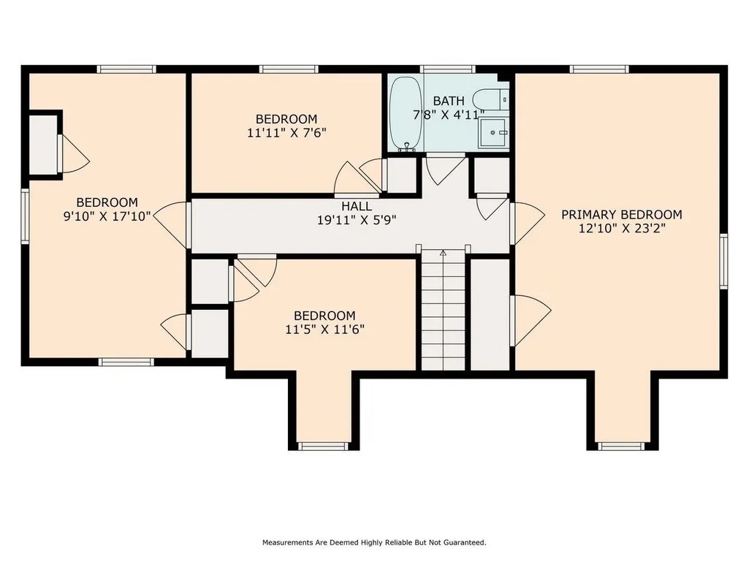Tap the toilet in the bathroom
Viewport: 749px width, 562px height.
pyautogui.click(x=490, y=100)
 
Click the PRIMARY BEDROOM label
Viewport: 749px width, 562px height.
pyautogui.click(x=621, y=215)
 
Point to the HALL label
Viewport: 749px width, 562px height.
pyautogui.click(x=357, y=206)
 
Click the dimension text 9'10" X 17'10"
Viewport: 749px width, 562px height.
pyautogui.click(x=107, y=216)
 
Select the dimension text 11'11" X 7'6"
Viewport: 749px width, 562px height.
pyautogui.click(x=286, y=132)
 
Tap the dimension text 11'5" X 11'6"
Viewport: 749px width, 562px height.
pyautogui.click(x=325, y=330)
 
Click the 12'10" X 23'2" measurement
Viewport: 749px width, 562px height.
pyautogui.click(x=622, y=229)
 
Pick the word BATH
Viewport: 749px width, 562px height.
pyautogui.click(x=449, y=101)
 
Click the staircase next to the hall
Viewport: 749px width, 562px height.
pyautogui.click(x=444, y=311)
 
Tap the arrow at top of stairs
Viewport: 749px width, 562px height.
pyautogui.click(x=444, y=253)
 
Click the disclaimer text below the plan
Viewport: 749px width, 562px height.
pyautogui.click(x=374, y=542)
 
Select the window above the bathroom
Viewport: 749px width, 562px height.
pyautogui.click(x=448, y=69)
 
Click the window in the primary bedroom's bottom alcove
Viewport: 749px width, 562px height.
pyautogui.click(x=621, y=447)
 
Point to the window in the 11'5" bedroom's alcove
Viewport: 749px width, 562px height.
pyautogui.click(x=324, y=447)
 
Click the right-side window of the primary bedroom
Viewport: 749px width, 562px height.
pyautogui.click(x=723, y=262)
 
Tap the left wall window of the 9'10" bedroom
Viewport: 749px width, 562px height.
pyautogui.click(x=25, y=216)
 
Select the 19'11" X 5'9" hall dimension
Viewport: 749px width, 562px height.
pyautogui.click(x=357, y=220)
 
